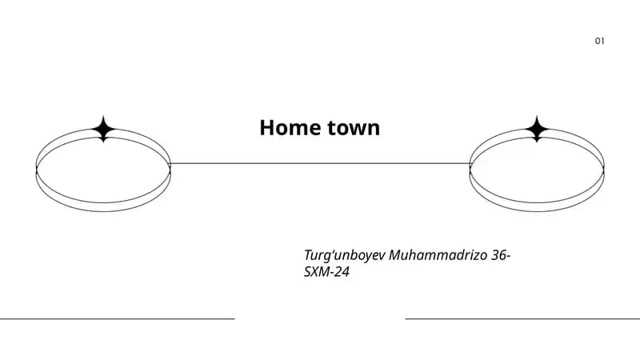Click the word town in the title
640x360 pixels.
click(x=354, y=128)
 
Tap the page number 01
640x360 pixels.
click(x=599, y=41)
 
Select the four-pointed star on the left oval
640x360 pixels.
click(x=103, y=129)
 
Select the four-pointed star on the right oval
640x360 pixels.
click(x=537, y=129)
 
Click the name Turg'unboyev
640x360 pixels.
click(x=344, y=255)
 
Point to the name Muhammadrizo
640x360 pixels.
click(x=438, y=255)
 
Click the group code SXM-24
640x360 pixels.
click(x=326, y=272)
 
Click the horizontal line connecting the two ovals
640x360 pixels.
click(x=320, y=164)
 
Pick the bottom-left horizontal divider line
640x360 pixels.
click(x=118, y=318)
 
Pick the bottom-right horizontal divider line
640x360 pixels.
click(x=522, y=318)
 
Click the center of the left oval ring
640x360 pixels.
click(x=103, y=211)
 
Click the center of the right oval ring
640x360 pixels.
click(x=537, y=211)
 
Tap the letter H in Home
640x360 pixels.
click(x=267, y=128)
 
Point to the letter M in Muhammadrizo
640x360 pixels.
click(x=396, y=255)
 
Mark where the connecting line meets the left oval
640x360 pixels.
click(x=170, y=164)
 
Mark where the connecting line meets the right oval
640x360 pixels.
click(x=470, y=164)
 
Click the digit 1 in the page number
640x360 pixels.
click(x=602, y=41)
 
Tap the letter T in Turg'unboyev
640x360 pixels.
click(x=309, y=255)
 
